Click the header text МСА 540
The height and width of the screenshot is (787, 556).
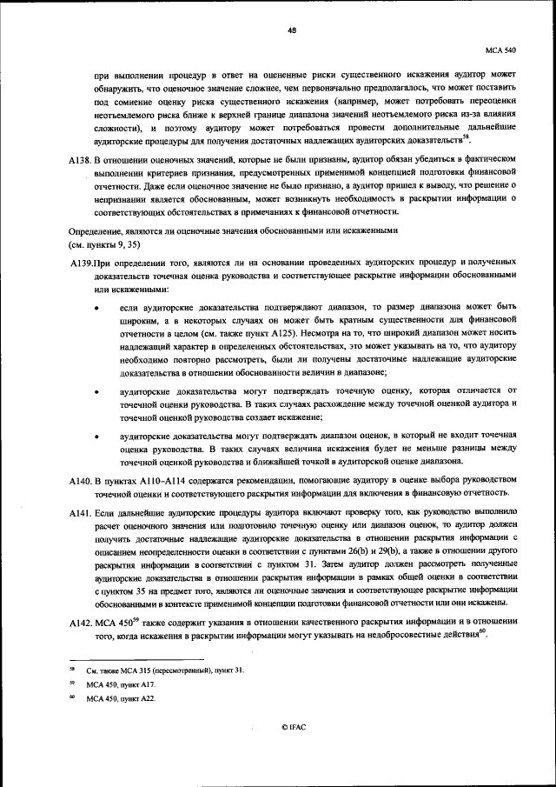502,50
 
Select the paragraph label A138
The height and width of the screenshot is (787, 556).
81,160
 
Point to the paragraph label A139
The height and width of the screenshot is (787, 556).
82,263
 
